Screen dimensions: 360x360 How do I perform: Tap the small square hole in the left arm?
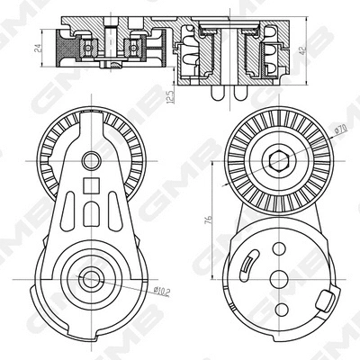click(x=90, y=187)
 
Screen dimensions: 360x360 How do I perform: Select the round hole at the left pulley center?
click(x=90, y=162)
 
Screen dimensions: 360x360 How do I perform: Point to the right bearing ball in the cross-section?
click(x=133, y=45)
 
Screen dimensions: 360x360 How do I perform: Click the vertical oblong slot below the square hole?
click(x=90, y=217)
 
